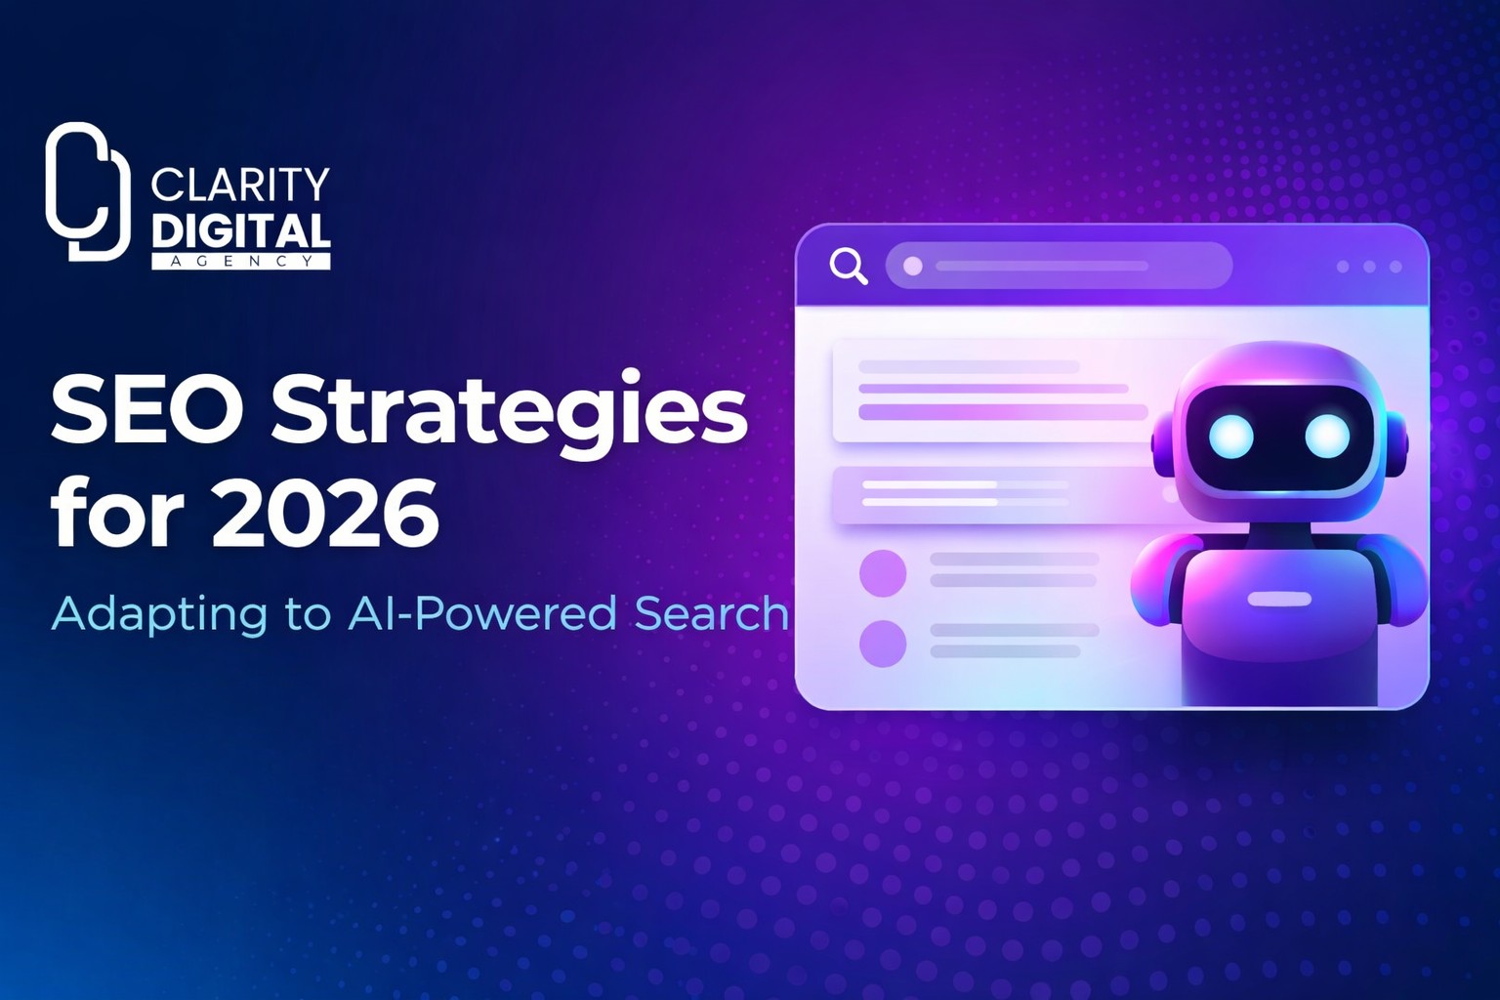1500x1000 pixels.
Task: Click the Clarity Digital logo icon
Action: [87, 192]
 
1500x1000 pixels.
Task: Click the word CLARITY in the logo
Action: [240, 185]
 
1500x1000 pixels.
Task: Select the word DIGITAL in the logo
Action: [240, 231]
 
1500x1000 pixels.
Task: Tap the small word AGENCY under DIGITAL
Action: [240, 261]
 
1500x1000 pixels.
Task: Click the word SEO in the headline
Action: [146, 410]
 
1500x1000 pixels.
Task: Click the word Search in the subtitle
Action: [711, 614]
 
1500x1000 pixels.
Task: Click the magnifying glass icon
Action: [848, 266]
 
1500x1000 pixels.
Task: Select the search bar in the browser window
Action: [1058, 266]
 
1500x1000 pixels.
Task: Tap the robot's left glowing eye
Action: [1230, 436]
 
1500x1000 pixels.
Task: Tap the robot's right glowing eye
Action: [1326, 436]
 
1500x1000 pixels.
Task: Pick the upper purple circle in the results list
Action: [883, 573]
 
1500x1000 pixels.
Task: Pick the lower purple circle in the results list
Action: [883, 644]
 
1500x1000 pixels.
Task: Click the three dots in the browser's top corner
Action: [1369, 267]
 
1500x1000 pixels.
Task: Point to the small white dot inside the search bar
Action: [912, 266]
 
